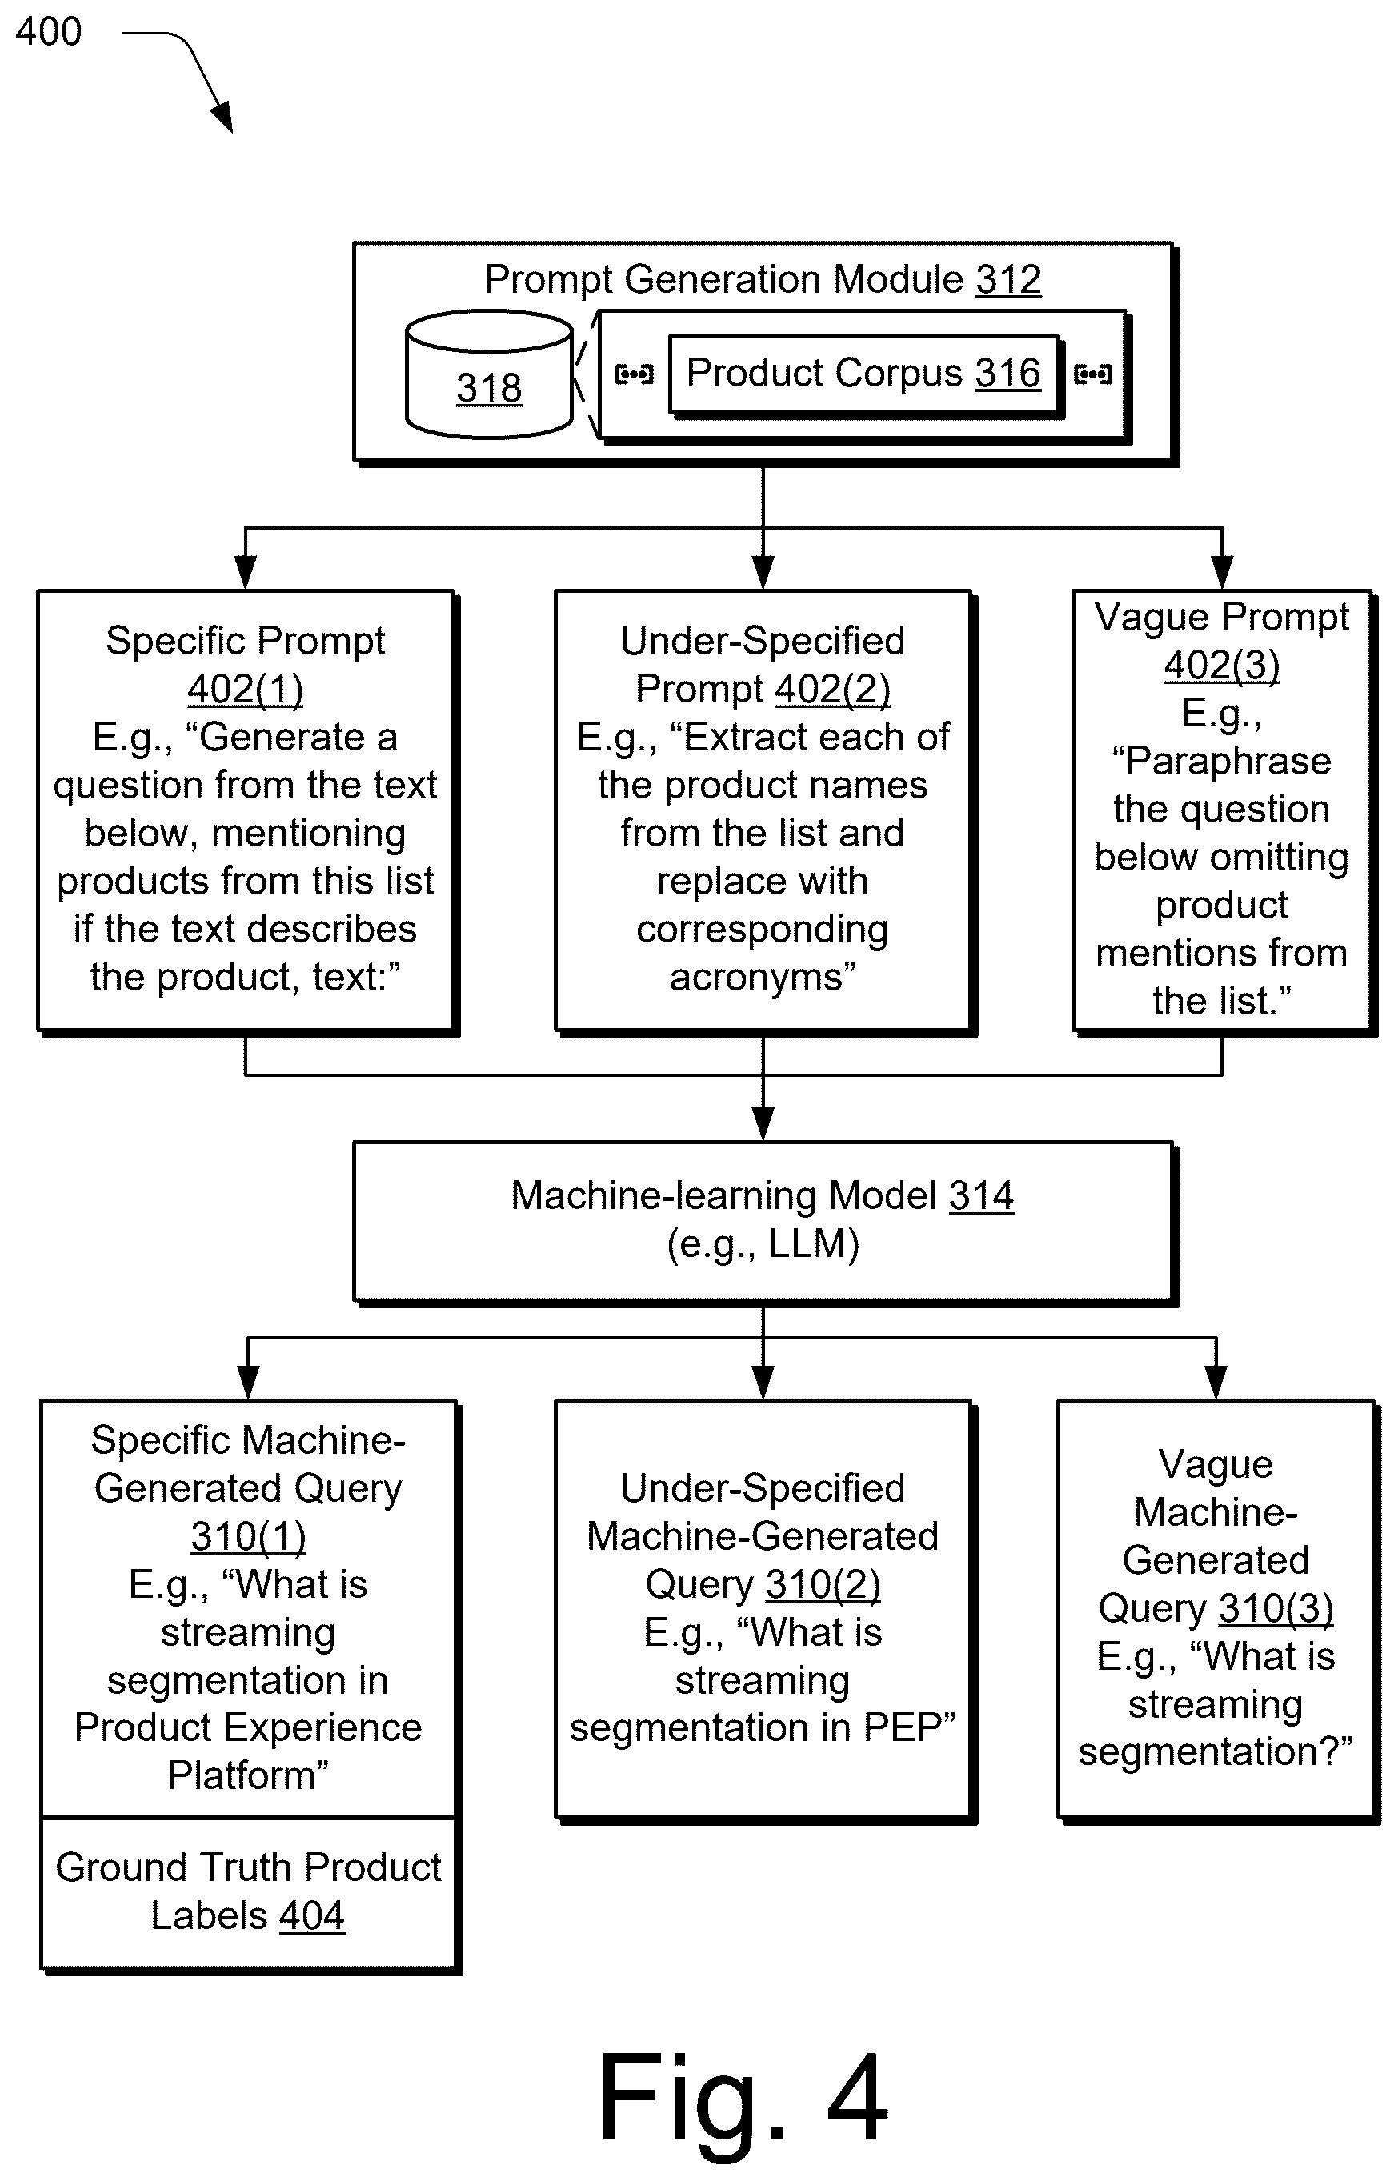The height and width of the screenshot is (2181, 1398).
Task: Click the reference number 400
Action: coord(48,32)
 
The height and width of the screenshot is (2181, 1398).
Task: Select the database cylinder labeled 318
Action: coord(489,375)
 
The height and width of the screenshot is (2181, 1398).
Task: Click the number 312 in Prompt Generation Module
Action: coord(1008,279)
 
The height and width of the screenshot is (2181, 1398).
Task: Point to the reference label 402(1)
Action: coord(245,689)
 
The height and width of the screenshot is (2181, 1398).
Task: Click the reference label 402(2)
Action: coord(832,689)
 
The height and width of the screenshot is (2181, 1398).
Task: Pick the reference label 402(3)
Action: coord(1222,666)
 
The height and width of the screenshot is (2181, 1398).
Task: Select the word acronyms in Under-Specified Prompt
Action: coord(763,978)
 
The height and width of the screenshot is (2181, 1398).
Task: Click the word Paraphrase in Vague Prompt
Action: coord(1222,762)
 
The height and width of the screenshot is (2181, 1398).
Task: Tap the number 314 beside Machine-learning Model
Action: coord(981,1195)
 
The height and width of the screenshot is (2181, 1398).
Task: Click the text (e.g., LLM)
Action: coord(763,1243)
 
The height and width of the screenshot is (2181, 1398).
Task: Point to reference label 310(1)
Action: coord(248,1535)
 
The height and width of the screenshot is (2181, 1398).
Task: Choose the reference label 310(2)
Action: coord(823,1584)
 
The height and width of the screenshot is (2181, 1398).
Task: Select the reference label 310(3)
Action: coord(1276,1608)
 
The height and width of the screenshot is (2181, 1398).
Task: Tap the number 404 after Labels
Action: coord(312,1915)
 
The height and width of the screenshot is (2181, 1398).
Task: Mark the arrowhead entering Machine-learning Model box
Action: coord(763,1125)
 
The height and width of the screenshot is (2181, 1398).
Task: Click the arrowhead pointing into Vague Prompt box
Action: coord(1222,573)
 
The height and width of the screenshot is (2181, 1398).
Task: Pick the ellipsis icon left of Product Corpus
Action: coord(634,374)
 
